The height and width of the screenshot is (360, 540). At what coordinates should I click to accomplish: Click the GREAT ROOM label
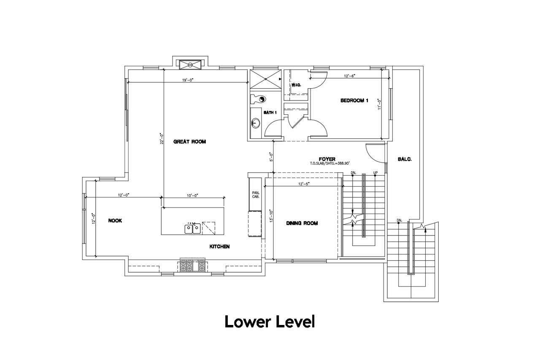(190, 141)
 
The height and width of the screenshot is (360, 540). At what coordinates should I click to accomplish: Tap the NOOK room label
(115, 221)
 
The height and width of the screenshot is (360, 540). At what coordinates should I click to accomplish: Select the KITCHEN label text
(219, 246)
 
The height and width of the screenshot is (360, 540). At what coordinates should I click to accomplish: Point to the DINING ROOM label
(302, 223)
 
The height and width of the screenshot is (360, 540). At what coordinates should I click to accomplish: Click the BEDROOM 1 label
(354, 100)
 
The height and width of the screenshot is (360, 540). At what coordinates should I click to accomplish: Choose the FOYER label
(327, 159)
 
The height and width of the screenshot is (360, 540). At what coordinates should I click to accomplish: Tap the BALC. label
(405, 159)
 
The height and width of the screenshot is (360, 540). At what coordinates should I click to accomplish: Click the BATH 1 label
(270, 113)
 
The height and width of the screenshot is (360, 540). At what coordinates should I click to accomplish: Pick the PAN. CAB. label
(256, 195)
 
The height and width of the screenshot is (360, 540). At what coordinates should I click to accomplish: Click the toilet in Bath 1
(258, 99)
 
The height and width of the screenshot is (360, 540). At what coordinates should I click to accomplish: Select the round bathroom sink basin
(256, 124)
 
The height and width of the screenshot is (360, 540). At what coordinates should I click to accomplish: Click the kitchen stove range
(193, 265)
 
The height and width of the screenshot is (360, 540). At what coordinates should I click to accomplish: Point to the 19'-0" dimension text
(188, 80)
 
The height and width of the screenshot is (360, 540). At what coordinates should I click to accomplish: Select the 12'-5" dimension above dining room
(304, 184)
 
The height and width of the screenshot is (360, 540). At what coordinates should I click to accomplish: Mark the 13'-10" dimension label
(271, 216)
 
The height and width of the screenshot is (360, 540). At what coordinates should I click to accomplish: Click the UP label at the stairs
(375, 173)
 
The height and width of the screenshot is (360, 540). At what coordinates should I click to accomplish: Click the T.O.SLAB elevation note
(329, 163)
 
